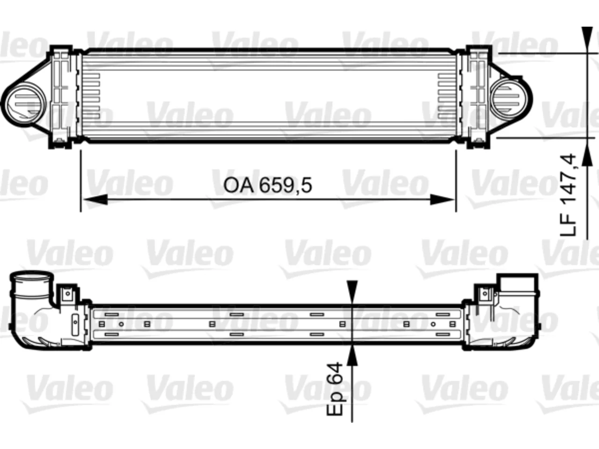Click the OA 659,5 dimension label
point(267,185)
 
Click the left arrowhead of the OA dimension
point(95,200)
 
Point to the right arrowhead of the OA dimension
point(442,200)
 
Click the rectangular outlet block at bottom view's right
point(517,286)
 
